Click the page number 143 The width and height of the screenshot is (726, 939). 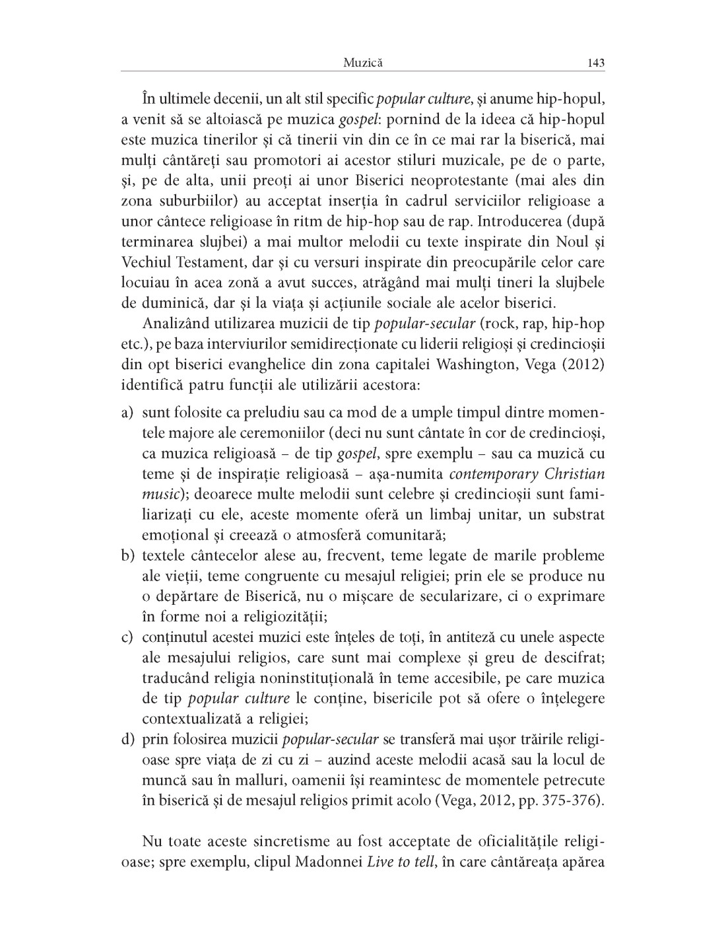tap(595, 63)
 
